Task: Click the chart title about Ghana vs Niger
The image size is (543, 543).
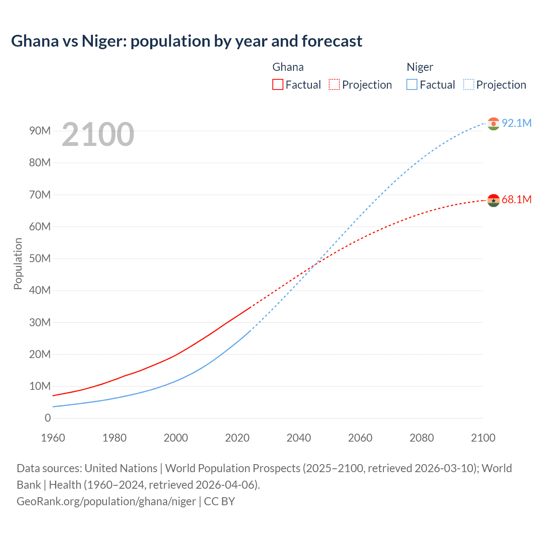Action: point(187,41)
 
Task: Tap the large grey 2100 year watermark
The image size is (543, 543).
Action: point(98,134)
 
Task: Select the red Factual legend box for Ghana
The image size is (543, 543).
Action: point(277,84)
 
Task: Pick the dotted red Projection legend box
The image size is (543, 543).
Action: point(334,84)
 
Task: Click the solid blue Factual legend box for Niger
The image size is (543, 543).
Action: point(411,84)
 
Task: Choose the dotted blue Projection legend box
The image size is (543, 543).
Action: point(468,84)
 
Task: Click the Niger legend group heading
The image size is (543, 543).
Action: point(420,67)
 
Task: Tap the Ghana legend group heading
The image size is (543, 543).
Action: point(288,67)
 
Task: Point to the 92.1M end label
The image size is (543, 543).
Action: point(516,123)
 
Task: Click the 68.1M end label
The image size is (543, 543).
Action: point(516,199)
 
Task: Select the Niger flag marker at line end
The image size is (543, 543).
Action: point(493,123)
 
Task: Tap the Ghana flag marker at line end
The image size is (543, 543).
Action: point(493,200)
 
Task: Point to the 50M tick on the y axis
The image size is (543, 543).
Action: point(40,258)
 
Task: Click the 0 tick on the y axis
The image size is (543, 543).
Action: point(48,418)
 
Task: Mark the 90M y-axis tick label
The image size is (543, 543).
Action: point(40,131)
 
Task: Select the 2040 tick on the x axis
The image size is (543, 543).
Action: point(299,438)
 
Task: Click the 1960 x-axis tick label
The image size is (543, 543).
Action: point(53,438)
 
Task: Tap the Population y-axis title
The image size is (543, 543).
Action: point(18,263)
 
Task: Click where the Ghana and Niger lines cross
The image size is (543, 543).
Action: point(315,266)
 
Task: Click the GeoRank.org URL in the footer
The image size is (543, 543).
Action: point(106,501)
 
